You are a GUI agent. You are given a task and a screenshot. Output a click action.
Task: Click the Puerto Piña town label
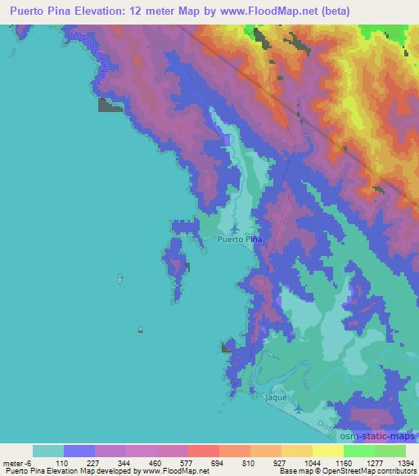click(240, 240)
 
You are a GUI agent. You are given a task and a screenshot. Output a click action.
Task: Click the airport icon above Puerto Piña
click(236, 228)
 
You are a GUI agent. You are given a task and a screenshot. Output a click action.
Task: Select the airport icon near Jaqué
click(298, 407)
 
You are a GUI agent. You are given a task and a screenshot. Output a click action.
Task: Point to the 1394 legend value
click(405, 463)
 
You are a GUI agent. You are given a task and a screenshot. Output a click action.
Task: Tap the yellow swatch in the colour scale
click(328, 451)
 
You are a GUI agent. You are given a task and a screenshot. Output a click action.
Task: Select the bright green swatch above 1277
click(359, 451)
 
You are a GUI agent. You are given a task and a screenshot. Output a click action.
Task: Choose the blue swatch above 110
click(79, 451)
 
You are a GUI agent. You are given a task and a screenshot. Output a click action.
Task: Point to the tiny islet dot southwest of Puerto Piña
click(141, 330)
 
